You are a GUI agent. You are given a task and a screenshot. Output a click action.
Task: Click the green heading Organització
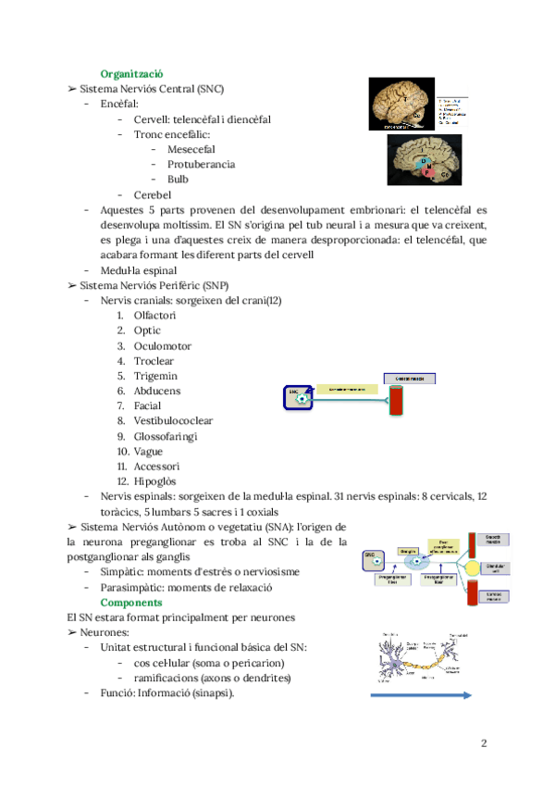[132, 73]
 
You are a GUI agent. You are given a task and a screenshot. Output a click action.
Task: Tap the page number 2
[484, 743]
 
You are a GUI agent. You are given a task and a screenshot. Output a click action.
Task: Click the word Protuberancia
[201, 165]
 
